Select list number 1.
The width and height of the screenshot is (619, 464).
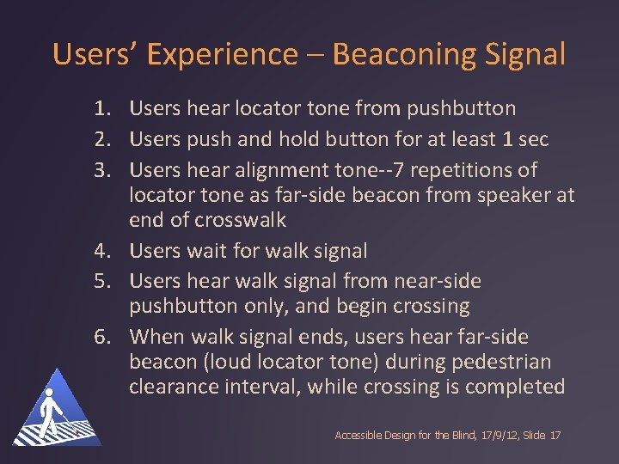(103, 109)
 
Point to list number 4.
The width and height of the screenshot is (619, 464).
(103, 251)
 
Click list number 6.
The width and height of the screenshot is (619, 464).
(103, 337)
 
